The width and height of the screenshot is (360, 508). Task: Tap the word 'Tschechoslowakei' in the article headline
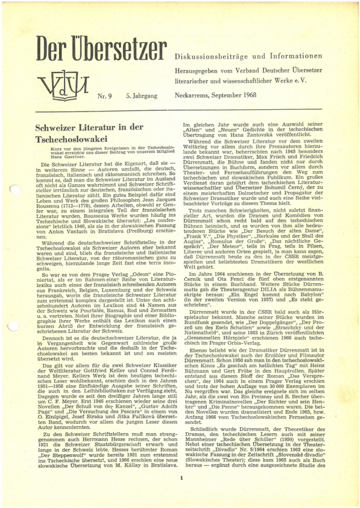[72, 139]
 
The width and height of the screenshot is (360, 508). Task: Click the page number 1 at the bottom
[182, 479]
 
